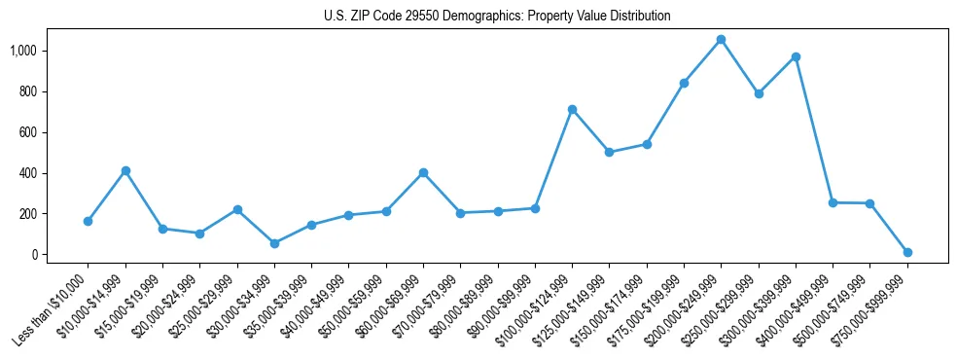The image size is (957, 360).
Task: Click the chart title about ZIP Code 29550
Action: (x=497, y=17)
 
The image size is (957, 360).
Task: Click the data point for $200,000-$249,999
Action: (x=721, y=40)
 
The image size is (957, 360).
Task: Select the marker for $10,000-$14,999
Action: (x=125, y=171)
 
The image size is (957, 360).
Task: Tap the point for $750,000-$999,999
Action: (x=907, y=252)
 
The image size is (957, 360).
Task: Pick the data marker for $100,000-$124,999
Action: (x=572, y=109)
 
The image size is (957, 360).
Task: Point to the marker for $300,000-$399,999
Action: (x=796, y=56)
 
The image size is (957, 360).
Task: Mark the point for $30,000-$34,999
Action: (x=274, y=243)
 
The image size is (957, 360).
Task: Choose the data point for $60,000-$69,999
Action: (x=423, y=173)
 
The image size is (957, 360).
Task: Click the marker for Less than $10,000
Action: (x=88, y=221)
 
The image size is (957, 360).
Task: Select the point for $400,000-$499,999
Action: (x=833, y=202)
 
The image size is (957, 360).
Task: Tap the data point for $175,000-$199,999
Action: (x=684, y=83)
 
